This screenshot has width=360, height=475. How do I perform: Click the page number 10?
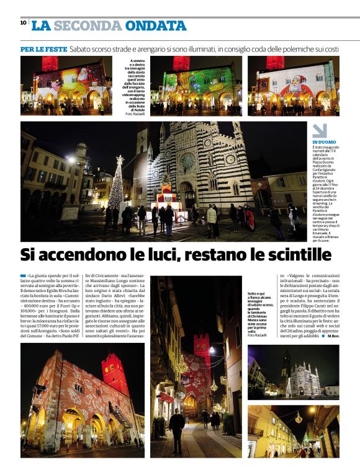pyautogui.click(x=23, y=23)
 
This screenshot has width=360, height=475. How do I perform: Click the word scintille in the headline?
pyautogui.click(x=292, y=254)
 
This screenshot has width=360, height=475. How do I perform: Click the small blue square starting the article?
pyautogui.click(x=23, y=275)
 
